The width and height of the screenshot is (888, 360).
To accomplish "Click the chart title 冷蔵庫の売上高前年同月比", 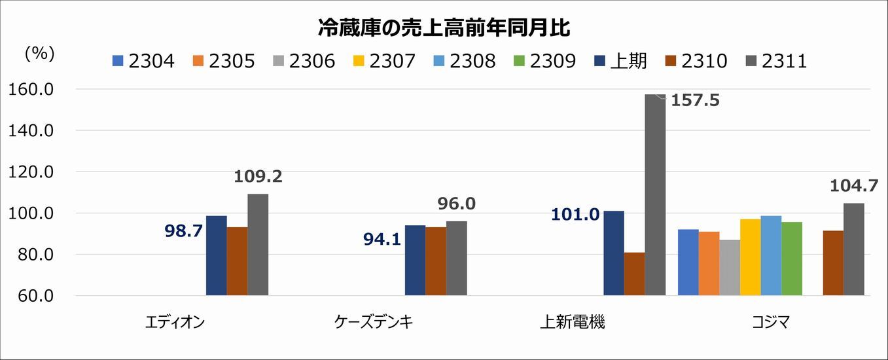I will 444,28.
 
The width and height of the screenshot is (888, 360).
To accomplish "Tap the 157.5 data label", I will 695,101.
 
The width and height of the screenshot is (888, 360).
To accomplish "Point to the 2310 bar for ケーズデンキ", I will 436,261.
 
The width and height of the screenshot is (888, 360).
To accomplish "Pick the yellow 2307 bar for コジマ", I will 751,257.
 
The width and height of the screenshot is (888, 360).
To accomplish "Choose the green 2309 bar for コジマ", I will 792,259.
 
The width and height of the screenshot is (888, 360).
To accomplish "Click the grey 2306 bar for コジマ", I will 730,268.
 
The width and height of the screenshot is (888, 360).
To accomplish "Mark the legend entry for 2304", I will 144,62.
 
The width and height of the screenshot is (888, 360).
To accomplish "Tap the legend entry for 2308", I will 464,62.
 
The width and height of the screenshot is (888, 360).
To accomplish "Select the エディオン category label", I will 175,322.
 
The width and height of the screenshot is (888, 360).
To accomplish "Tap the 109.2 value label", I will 258,177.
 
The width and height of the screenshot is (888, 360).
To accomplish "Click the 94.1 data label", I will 383,239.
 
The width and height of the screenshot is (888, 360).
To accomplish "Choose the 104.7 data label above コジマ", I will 853,186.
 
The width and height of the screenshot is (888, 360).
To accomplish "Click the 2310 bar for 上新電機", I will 634,274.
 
